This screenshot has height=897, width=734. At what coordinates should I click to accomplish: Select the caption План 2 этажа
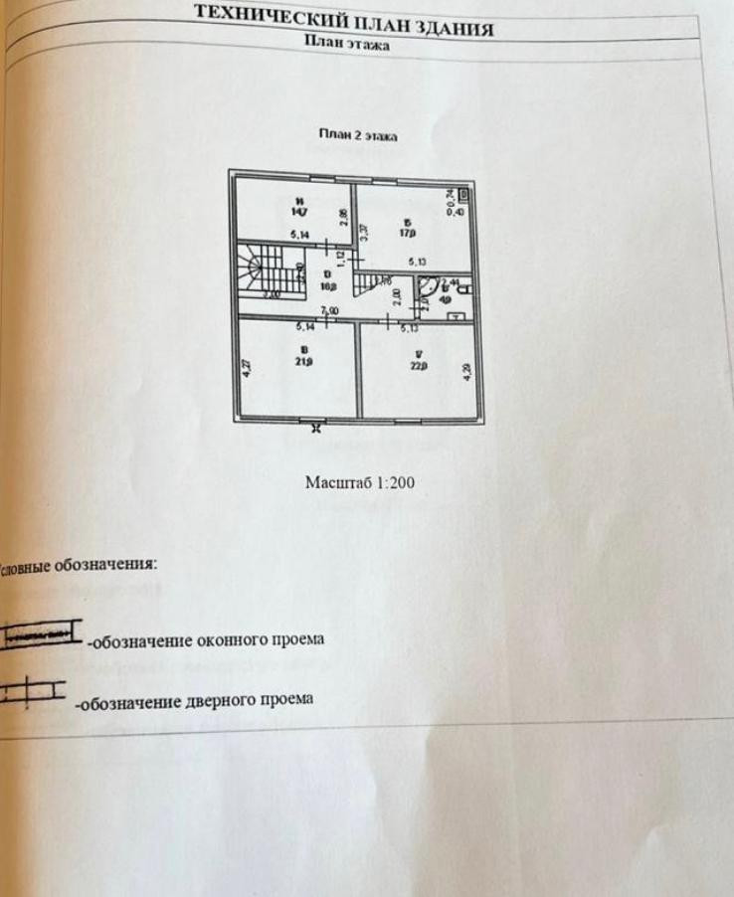coord(358,135)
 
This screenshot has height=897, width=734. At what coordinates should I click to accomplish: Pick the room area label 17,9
coord(407,236)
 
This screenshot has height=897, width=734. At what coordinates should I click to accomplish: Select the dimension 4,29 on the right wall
coord(467,375)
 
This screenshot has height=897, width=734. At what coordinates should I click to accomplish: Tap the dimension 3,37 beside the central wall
coord(365,234)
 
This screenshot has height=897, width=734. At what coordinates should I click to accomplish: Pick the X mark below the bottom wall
coord(316,430)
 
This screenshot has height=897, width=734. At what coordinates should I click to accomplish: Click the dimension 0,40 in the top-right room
coord(459,211)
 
